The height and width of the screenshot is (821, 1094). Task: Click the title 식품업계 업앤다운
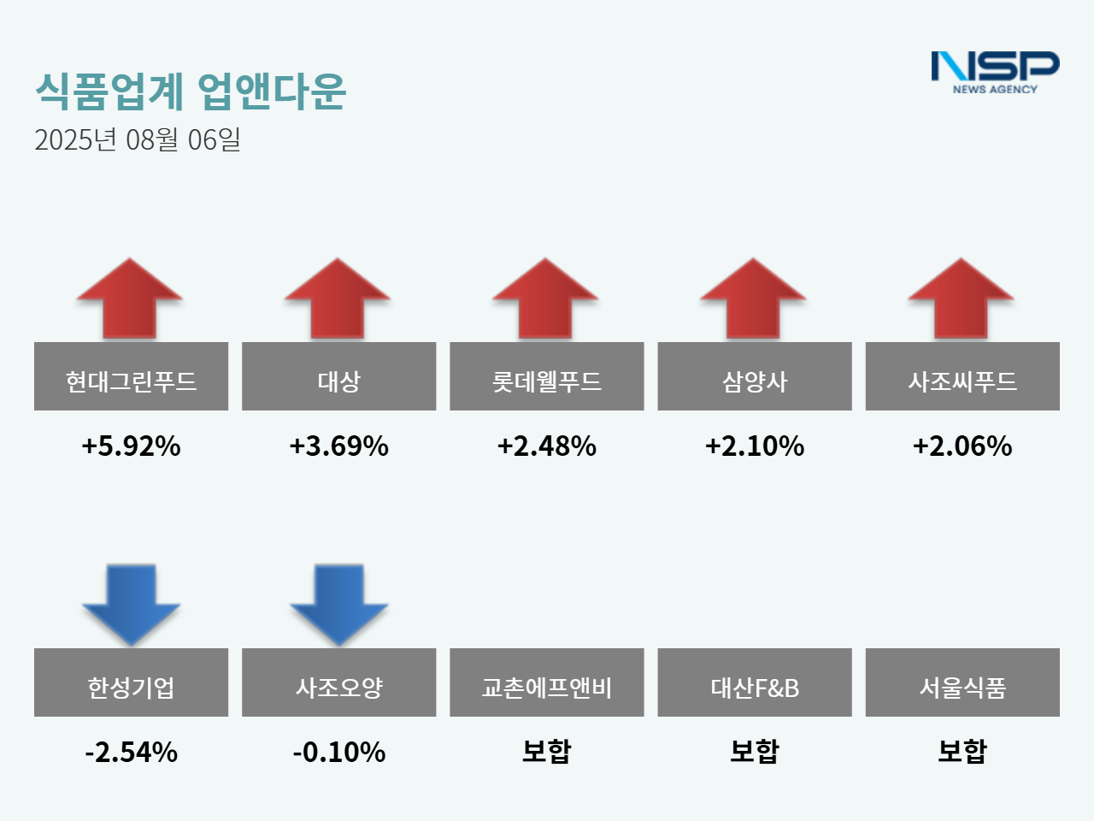191,91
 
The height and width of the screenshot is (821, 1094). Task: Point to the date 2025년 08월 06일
138,139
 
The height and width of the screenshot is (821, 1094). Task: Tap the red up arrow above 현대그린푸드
130,299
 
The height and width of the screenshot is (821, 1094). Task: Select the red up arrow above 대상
338,299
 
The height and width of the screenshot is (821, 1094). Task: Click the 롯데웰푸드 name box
547,376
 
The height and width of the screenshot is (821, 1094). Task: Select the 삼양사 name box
755,376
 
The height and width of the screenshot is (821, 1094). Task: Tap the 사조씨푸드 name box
962,376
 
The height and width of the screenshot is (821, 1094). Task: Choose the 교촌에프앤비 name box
547,682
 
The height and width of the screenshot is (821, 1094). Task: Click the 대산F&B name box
755,682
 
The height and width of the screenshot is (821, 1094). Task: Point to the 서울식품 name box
962,682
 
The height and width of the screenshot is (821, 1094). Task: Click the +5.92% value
131,446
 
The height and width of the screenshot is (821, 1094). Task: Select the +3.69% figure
338,446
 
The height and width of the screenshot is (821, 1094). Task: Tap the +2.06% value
962,446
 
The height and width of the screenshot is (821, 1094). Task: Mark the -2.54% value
131,752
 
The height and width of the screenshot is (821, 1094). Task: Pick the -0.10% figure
338,752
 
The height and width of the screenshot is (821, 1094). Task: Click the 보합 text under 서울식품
962,751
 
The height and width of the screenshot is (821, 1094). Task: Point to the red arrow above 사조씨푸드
962,299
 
